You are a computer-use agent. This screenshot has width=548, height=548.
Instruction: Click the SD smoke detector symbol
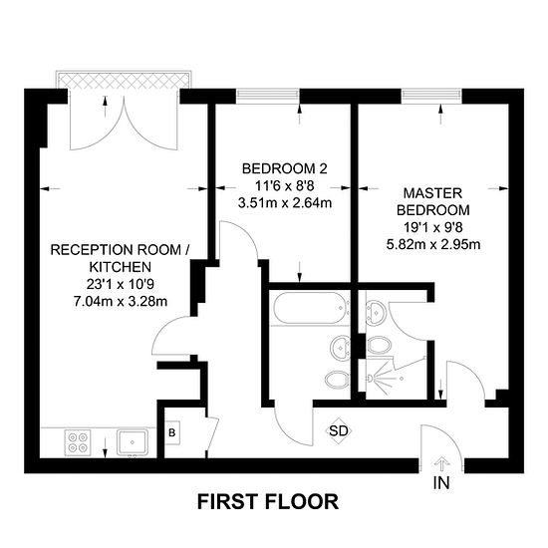click(339, 430)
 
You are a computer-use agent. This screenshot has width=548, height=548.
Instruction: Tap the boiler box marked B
click(172, 432)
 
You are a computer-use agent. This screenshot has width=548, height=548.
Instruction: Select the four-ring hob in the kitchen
click(78, 442)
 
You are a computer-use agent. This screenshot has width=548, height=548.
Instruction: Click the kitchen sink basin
click(133, 442)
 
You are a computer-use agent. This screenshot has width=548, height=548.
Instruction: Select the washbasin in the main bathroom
click(340, 348)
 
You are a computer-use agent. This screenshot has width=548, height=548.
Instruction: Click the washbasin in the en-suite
click(376, 313)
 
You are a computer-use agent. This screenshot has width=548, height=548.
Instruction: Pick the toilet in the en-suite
click(380, 346)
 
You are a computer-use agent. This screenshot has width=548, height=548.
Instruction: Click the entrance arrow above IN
click(441, 464)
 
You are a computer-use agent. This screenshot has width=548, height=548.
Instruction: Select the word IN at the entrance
click(441, 483)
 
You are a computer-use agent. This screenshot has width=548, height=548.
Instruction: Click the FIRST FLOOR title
click(268, 502)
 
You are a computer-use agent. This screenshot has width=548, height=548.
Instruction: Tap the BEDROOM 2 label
click(285, 168)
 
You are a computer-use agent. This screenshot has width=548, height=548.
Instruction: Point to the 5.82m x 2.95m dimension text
click(433, 244)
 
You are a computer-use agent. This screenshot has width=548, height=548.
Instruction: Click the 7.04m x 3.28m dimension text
click(121, 301)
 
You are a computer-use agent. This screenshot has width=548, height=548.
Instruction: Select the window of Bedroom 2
click(268, 96)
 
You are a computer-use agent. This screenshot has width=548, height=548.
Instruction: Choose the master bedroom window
click(431, 96)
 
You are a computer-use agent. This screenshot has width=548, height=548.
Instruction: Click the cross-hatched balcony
click(125, 81)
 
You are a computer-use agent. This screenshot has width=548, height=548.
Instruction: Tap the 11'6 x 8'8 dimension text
click(285, 186)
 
